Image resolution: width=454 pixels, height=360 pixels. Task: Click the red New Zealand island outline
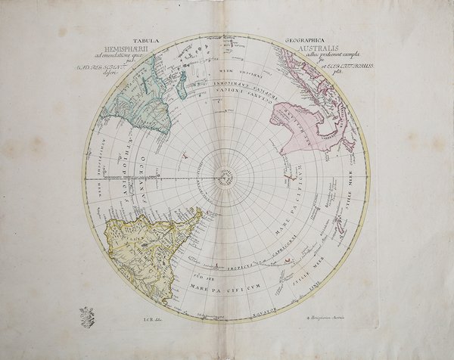pos(288,262)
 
